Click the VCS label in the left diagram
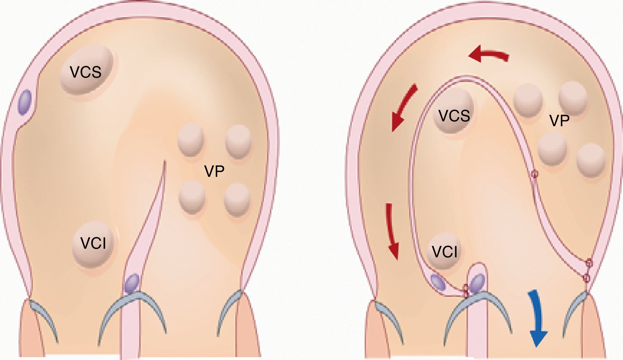[x=86, y=72]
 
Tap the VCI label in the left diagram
[x=93, y=243]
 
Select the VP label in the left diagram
[x=214, y=171]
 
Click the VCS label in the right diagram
[x=454, y=116]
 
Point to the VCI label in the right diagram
[x=445, y=252]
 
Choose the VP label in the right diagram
[x=559, y=121]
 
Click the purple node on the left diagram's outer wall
[x=25, y=103]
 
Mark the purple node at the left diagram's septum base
[x=132, y=284]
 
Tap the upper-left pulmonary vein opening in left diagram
[x=191, y=139]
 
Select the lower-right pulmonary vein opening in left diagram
[x=237, y=200]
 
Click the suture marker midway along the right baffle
[x=534, y=174]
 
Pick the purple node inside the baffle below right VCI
[x=439, y=282]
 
